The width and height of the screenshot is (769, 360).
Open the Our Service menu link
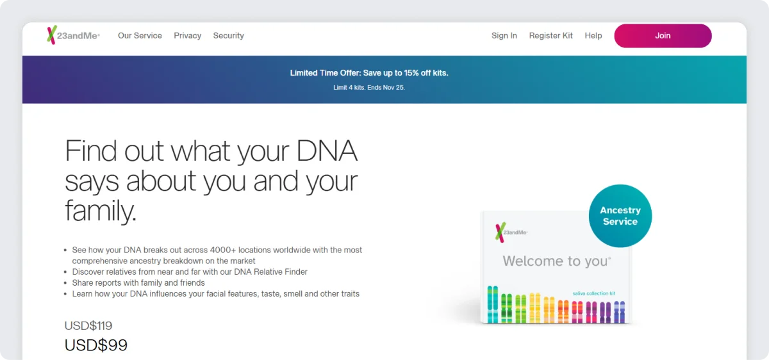pyautogui.click(x=140, y=36)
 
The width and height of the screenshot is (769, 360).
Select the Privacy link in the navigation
pyautogui.click(x=188, y=36)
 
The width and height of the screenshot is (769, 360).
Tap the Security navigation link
pyautogui.click(x=228, y=36)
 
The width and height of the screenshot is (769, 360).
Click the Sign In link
pyautogui.click(x=504, y=36)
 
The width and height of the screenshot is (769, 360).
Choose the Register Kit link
pyautogui.click(x=551, y=36)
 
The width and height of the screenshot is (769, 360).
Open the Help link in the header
pyautogui.click(x=593, y=36)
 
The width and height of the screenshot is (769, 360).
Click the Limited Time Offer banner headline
pyautogui.click(x=369, y=73)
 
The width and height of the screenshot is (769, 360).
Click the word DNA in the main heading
pyautogui.click(x=327, y=151)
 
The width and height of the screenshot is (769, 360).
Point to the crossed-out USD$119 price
pyautogui.click(x=88, y=325)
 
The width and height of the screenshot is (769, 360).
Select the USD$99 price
pyautogui.click(x=96, y=345)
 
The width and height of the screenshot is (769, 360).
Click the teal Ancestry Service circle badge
pyautogui.click(x=620, y=216)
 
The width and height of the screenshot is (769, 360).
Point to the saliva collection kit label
pyautogui.click(x=593, y=293)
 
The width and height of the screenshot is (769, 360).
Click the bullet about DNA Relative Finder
pyautogui.click(x=190, y=272)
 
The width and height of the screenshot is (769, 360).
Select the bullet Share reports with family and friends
pyautogui.click(x=138, y=283)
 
